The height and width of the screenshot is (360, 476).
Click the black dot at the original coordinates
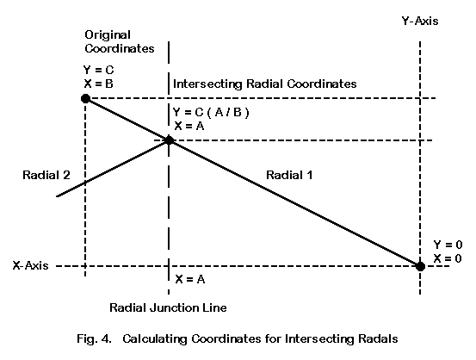pyautogui.click(x=85, y=98)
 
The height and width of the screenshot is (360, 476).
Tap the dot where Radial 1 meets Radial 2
pyautogui.click(x=169, y=140)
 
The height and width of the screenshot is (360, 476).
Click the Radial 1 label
pyautogui.click(x=289, y=175)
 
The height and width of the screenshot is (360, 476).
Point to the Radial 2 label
pyautogui.click(x=46, y=175)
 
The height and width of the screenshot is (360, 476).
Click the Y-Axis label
pyautogui.click(x=420, y=21)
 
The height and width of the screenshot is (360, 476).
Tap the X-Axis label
pyautogui.click(x=30, y=265)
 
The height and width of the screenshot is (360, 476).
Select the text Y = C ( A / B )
pyautogui.click(x=211, y=113)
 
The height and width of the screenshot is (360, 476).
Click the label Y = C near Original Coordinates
pyautogui.click(x=99, y=70)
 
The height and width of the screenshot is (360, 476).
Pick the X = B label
pyautogui.click(x=99, y=84)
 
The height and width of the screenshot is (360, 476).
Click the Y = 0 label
pyautogui.click(x=448, y=245)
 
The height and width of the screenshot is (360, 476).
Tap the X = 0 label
pyautogui.click(x=448, y=258)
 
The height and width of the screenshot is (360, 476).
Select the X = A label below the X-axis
pyautogui.click(x=190, y=279)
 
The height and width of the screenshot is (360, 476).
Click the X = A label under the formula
pyautogui.click(x=189, y=126)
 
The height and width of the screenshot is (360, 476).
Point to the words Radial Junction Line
pyautogui.click(x=168, y=307)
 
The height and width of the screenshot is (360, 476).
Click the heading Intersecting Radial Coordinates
pyautogui.click(x=265, y=84)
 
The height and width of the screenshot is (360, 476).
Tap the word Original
pyautogui.click(x=108, y=35)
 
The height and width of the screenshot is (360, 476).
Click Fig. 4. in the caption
pyautogui.click(x=94, y=338)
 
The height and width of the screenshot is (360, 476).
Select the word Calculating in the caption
pyautogui.click(x=155, y=338)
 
